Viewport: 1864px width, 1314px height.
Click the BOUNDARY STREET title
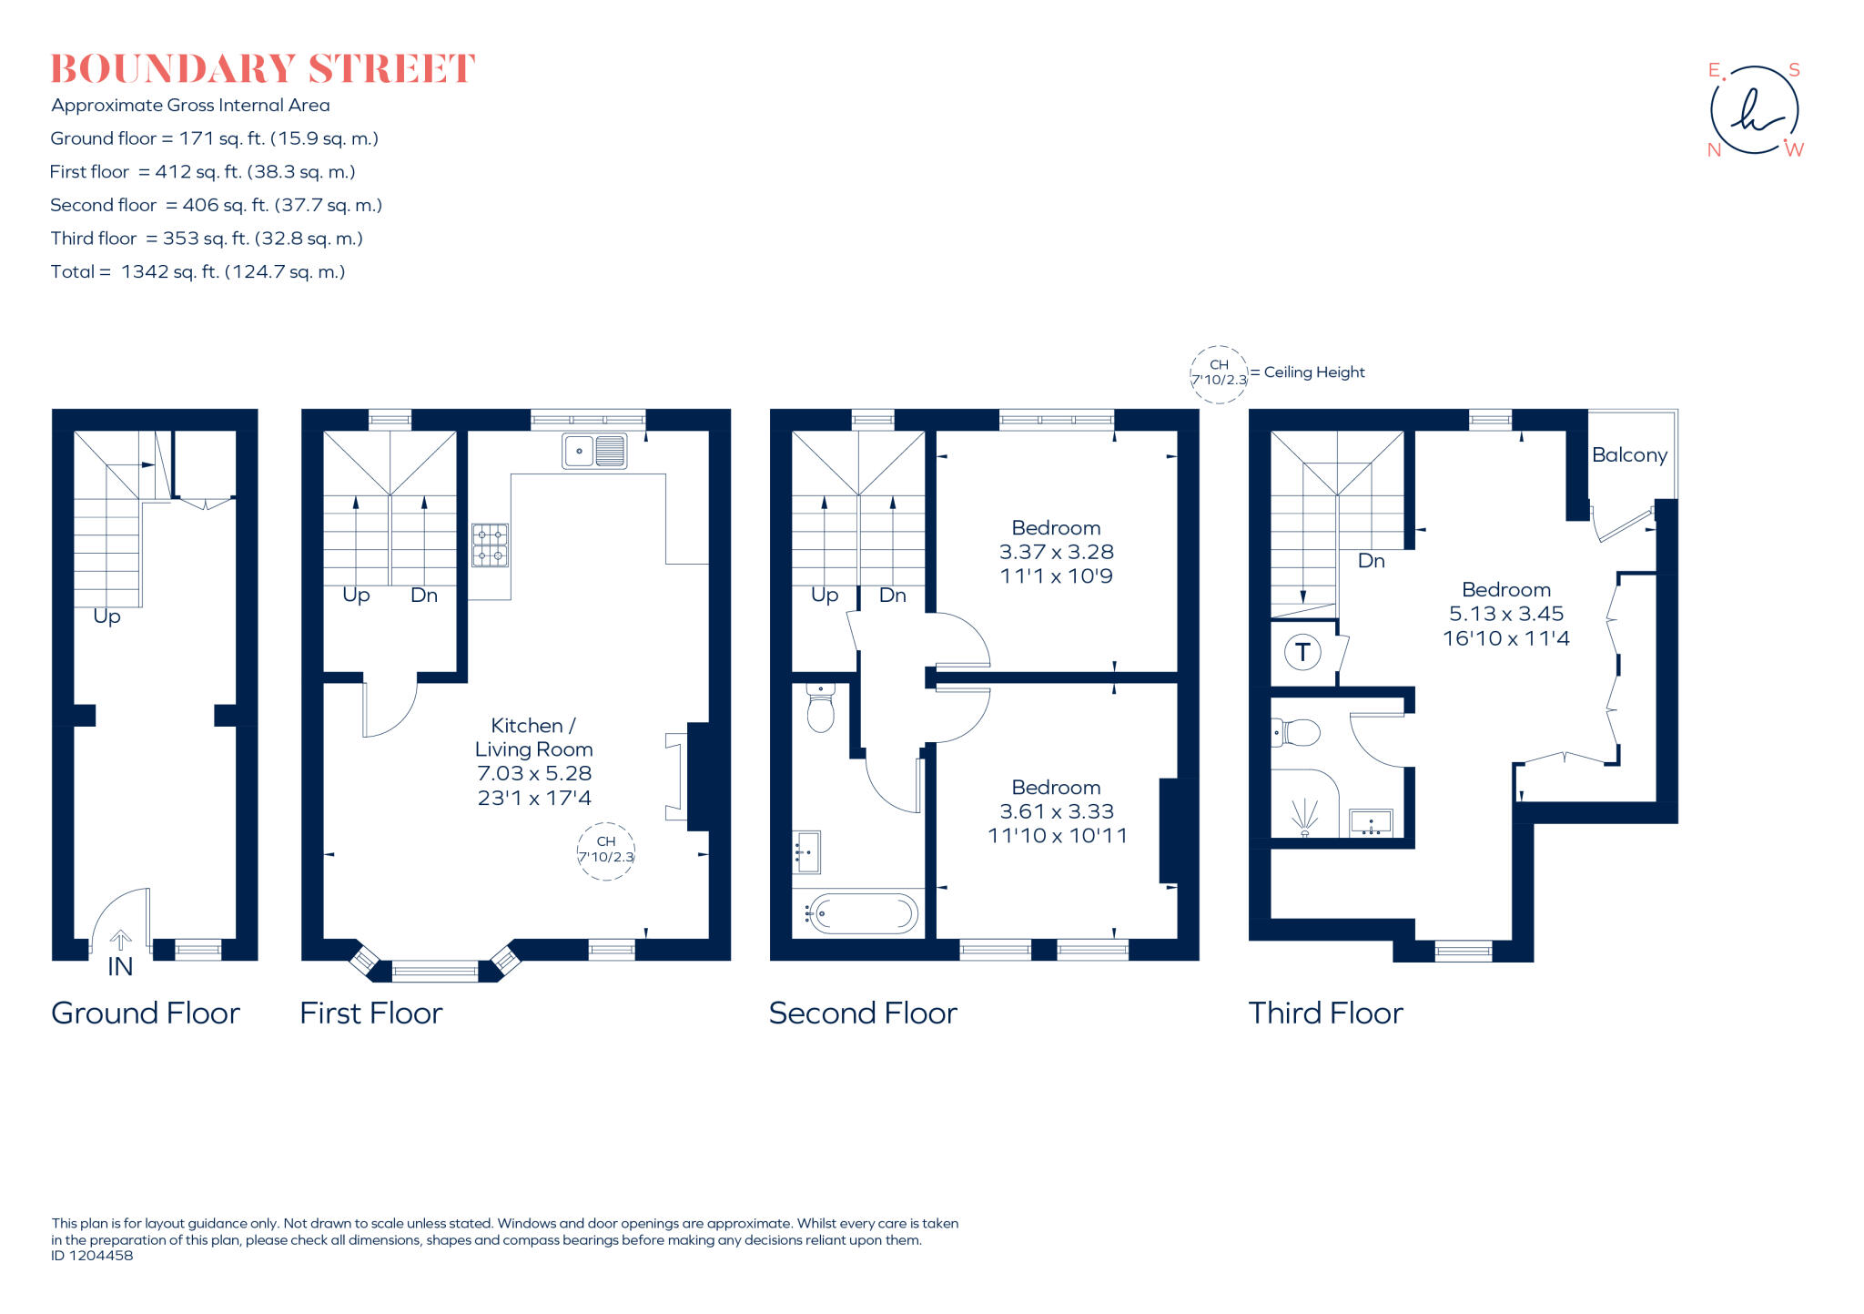click(262, 69)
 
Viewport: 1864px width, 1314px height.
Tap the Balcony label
click(1628, 454)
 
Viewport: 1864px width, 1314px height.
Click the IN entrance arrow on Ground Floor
click(120, 941)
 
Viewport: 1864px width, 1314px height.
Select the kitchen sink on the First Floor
click(594, 451)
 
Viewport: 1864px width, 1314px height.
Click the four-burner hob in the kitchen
click(490, 545)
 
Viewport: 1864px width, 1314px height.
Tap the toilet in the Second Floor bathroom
click(820, 709)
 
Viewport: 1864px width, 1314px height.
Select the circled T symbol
click(1302, 652)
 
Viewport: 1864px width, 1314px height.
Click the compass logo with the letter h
click(1754, 111)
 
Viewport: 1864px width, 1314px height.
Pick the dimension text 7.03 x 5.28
click(534, 773)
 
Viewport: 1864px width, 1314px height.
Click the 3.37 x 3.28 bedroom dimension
click(1056, 552)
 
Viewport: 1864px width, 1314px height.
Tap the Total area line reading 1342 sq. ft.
click(198, 271)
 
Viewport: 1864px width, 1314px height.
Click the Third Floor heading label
click(1324, 1013)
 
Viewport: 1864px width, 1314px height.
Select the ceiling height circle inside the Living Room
click(605, 851)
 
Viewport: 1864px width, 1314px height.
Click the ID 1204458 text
click(92, 1256)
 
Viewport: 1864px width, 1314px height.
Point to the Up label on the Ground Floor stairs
click(106, 616)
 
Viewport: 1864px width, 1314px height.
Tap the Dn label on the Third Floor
click(1371, 561)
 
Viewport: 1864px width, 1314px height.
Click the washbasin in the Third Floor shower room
click(1370, 822)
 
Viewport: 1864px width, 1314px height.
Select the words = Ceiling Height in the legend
click(1307, 372)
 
